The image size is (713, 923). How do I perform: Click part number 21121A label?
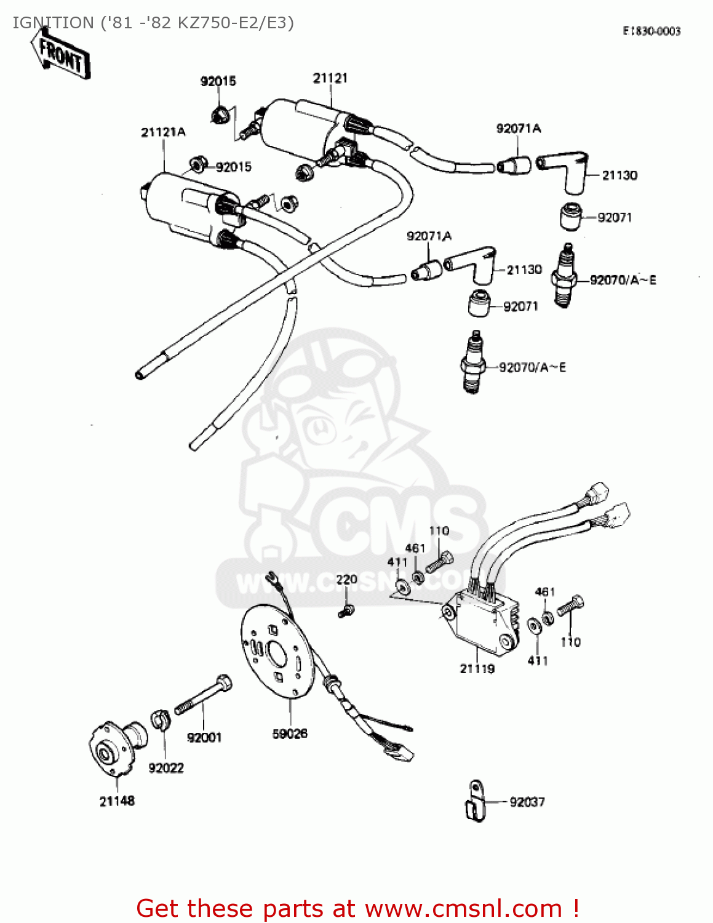[x=163, y=132]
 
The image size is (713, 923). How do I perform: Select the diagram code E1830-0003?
[x=651, y=31]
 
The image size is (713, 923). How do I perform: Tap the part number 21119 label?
[x=477, y=669]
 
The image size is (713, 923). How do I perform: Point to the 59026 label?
[x=290, y=733]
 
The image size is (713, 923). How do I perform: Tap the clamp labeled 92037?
[x=474, y=801]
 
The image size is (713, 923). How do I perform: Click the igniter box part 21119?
[x=483, y=621]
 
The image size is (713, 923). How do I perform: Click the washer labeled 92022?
[x=160, y=720]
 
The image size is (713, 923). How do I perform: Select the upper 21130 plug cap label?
[x=619, y=175]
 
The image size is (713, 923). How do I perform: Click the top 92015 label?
[x=218, y=81]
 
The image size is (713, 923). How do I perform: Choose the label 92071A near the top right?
[x=519, y=129]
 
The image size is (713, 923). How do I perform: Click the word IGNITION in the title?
[x=53, y=23]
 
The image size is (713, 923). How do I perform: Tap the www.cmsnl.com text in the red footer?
[x=463, y=909]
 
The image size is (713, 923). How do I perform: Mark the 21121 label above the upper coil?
[x=330, y=78]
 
